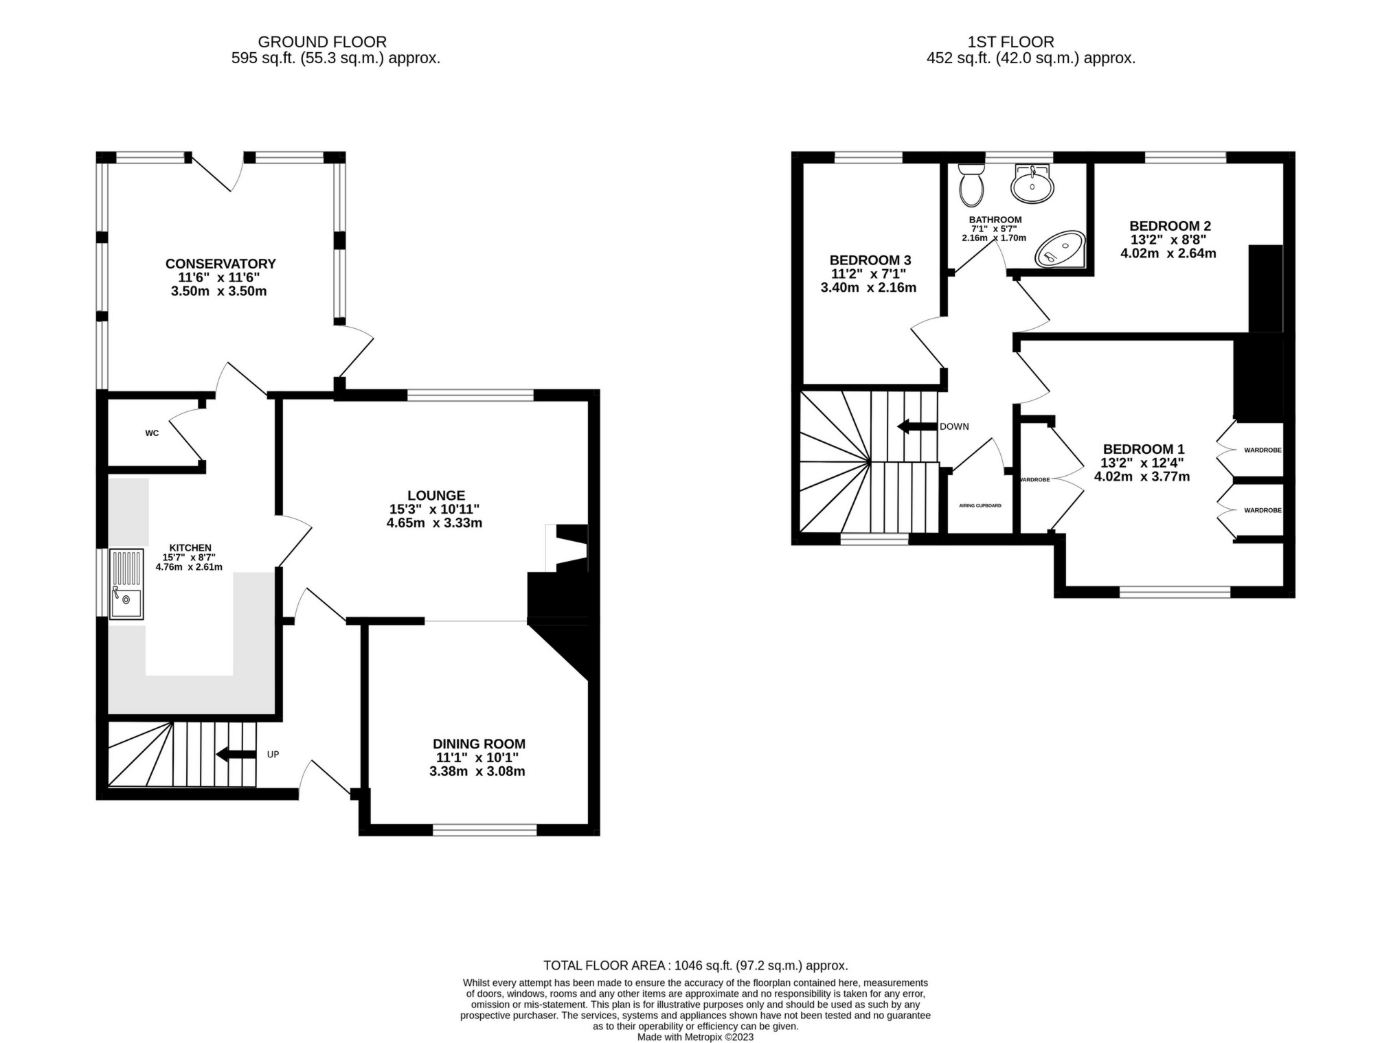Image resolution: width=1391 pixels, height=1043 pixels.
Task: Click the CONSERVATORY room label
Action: coord(220,264)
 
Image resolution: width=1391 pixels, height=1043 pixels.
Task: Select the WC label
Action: coord(152,433)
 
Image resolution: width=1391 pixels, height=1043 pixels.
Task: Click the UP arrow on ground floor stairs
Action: coord(236,755)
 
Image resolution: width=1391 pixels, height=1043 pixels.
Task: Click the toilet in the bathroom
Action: coord(971,184)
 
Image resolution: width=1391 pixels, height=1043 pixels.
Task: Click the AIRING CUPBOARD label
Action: coord(980,505)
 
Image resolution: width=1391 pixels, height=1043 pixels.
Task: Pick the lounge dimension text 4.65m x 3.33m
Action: coord(434,523)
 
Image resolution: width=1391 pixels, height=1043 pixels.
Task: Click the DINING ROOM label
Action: coord(479,744)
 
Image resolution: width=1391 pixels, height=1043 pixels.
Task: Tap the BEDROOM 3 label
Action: coord(870,260)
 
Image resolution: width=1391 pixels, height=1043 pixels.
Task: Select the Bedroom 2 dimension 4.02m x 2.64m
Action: coord(1168,253)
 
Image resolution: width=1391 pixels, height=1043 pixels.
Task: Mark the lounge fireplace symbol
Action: coord(567,547)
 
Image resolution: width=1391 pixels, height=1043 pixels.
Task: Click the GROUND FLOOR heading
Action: coord(322,42)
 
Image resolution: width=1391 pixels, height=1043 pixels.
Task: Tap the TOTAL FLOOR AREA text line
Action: coord(695,965)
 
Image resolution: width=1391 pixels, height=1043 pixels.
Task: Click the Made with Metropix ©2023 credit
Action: coord(695,1037)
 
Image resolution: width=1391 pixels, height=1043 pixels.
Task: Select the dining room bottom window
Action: coord(484,831)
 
